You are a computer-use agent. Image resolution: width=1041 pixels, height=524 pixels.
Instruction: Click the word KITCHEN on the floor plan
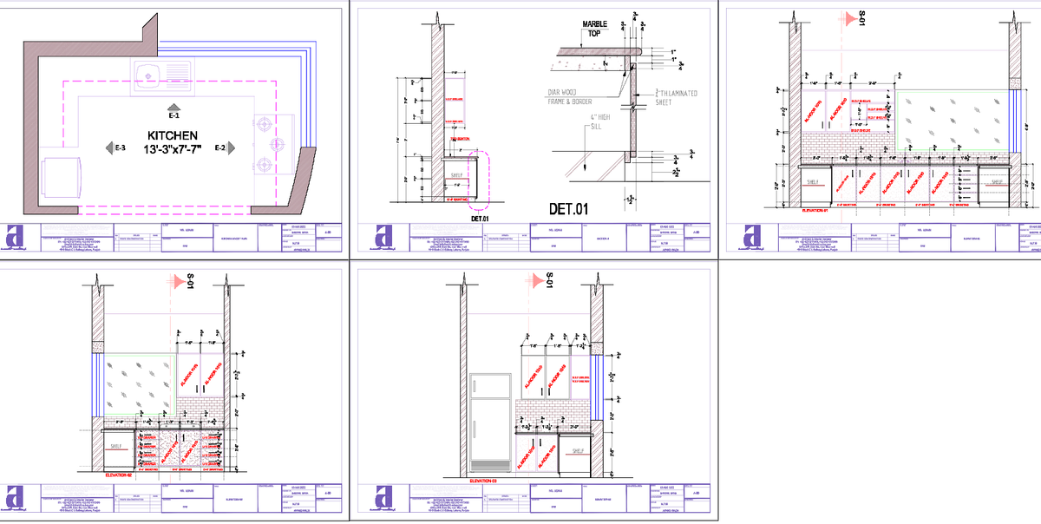click(173, 136)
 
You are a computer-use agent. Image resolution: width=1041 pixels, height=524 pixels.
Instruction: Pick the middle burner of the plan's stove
click(277, 143)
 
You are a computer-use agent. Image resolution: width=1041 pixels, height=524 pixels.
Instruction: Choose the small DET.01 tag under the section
click(481, 219)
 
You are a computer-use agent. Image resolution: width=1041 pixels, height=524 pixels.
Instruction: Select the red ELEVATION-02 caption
click(117, 475)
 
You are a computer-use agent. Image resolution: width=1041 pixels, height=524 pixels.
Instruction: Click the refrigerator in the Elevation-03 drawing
click(490, 423)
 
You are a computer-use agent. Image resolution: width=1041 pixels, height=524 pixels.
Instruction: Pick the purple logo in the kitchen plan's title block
click(15, 238)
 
